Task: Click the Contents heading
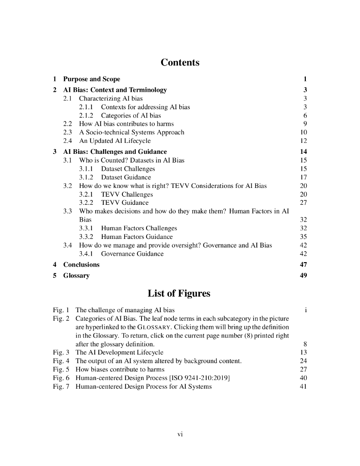(180, 62)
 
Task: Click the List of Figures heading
(180, 294)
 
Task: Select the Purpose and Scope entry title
(91, 79)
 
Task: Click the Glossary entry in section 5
(76, 276)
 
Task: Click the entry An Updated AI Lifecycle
(115, 141)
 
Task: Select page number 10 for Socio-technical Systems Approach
(304, 132)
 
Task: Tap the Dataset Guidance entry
(126, 177)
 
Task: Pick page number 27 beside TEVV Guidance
(304, 203)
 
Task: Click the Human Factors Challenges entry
(139, 228)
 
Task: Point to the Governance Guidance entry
(132, 253)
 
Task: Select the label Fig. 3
(61, 352)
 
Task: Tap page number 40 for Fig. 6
(304, 378)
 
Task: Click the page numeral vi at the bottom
(180, 435)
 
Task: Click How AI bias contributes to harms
(126, 124)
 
